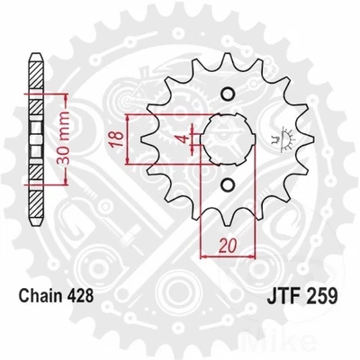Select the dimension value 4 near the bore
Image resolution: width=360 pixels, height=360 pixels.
click(x=180, y=138)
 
